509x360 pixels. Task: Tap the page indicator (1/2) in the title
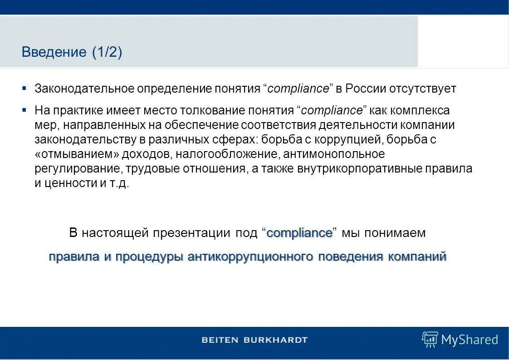point(107,52)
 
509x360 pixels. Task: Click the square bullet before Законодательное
point(24,87)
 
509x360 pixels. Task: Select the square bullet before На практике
point(24,109)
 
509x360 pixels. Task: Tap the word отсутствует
point(422,89)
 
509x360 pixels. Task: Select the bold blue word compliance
point(299,233)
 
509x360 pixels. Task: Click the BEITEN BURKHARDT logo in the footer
point(254,340)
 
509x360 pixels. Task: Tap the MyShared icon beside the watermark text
point(430,339)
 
